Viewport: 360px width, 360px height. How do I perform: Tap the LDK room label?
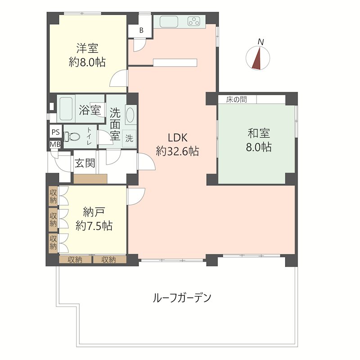click(x=178, y=137)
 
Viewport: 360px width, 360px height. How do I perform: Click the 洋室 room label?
click(x=87, y=48)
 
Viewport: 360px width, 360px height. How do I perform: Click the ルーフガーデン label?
click(x=182, y=297)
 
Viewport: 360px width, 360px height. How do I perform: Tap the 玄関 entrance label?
click(x=85, y=162)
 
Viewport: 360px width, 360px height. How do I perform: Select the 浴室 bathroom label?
click(x=89, y=109)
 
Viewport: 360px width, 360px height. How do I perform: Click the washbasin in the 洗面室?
click(x=130, y=114)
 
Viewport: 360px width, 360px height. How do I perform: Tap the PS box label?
click(x=55, y=132)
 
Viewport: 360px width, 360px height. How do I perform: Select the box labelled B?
click(x=141, y=31)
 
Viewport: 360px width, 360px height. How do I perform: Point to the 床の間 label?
click(x=236, y=99)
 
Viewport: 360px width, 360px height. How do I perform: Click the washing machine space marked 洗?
click(x=129, y=139)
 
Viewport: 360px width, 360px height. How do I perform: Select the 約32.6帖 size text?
click(x=177, y=152)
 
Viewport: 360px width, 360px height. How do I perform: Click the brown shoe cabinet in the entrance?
click(x=90, y=179)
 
